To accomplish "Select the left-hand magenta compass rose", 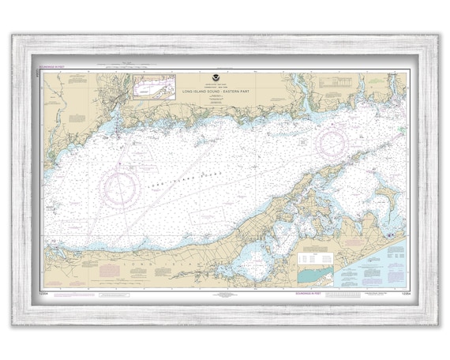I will (121, 188).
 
